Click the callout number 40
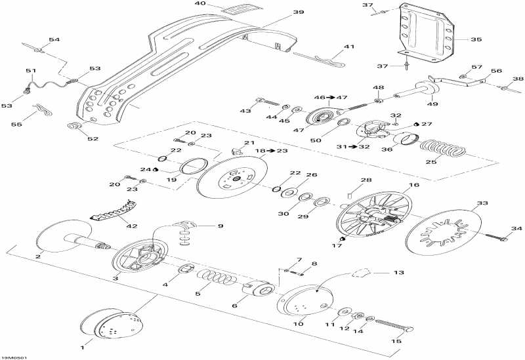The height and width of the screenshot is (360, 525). pos(200,5)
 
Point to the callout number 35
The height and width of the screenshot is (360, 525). pos(476,39)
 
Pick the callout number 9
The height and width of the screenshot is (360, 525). pos(219,226)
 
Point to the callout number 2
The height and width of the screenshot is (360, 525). pos(38,256)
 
